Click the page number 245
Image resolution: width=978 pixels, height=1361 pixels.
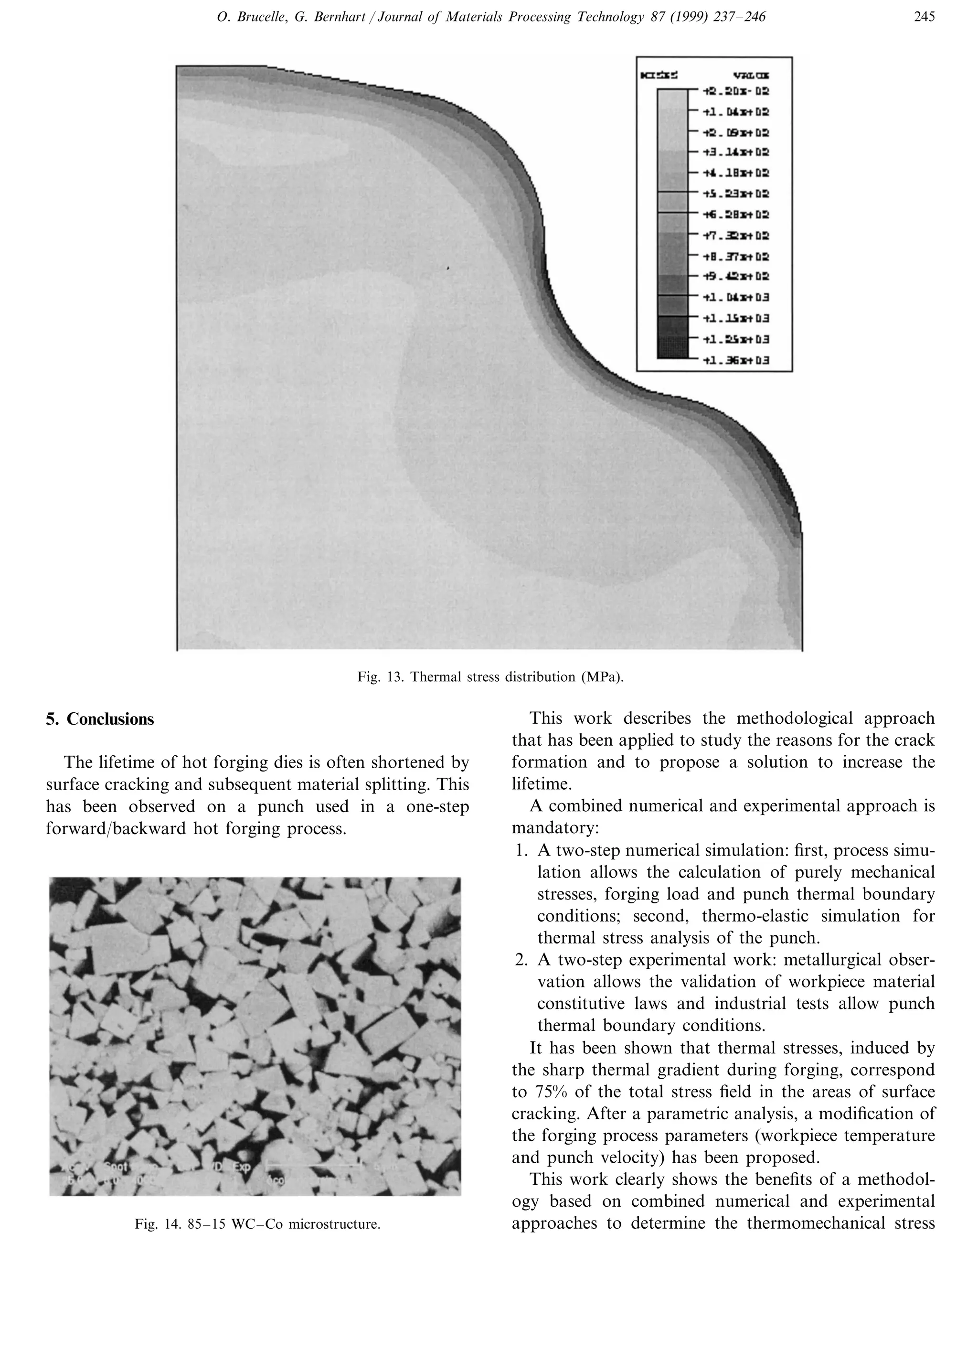pos(924,17)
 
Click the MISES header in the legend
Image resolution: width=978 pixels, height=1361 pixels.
pos(660,75)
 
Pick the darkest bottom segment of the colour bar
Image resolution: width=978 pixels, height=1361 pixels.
pos(672,348)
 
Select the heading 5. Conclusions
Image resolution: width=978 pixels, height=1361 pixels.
pos(100,719)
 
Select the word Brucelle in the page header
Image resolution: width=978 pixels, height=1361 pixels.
pos(255,17)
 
